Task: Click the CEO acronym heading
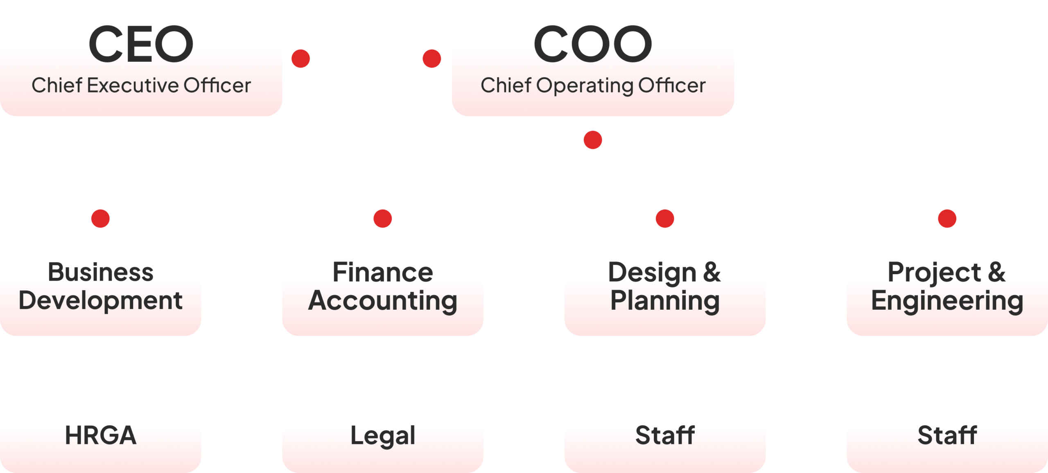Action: pos(141,44)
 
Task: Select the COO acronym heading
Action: pos(592,44)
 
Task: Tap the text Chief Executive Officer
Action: pos(141,86)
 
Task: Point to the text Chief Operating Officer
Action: pos(593,86)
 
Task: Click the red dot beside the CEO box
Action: pos(300,59)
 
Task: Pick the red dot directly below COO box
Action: pos(593,140)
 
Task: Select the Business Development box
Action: pos(100,288)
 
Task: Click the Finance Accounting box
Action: pos(383,288)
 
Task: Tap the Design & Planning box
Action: pos(665,288)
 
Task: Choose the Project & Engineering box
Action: pos(947,288)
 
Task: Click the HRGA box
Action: pos(100,435)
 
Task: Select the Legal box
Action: pos(383,435)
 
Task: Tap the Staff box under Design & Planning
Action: pos(665,435)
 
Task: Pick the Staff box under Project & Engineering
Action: pos(947,435)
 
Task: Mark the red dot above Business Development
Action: pos(100,218)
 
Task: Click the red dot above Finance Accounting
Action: pos(383,218)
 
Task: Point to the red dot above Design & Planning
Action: pos(665,218)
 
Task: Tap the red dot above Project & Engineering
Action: pos(947,218)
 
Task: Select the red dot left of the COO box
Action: pos(431,59)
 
